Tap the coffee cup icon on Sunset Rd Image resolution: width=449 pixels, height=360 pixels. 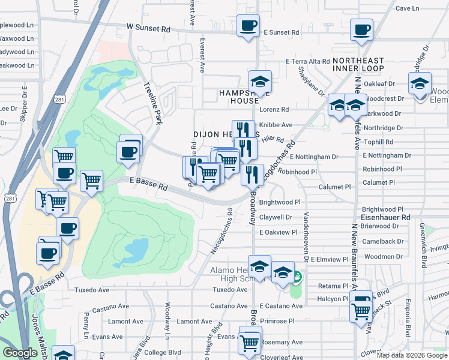[x=248, y=26]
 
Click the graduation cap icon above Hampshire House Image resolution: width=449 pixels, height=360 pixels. [x=260, y=82]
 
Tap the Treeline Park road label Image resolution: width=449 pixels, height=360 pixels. [x=153, y=104]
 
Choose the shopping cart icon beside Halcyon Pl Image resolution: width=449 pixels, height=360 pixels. [x=361, y=311]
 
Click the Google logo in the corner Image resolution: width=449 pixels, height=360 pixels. [x=20, y=353]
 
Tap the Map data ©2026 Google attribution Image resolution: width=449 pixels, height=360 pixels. [x=412, y=355]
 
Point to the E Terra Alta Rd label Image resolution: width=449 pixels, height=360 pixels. [x=308, y=61]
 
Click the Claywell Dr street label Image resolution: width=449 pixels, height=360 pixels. [x=276, y=217]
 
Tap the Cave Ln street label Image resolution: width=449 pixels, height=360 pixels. [x=407, y=8]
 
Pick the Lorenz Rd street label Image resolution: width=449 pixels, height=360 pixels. [x=274, y=110]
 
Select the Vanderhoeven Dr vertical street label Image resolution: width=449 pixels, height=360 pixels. [x=306, y=238]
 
